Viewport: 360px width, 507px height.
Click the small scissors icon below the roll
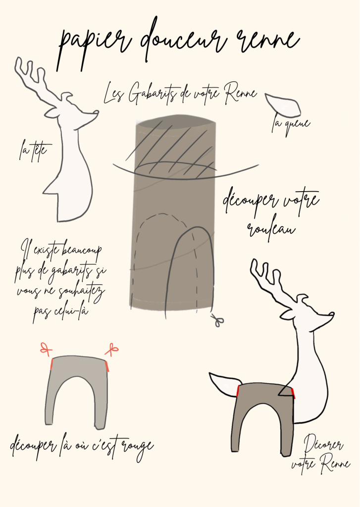(218, 320)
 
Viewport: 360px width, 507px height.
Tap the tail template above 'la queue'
(283, 105)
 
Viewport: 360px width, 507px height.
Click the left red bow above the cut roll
(46, 349)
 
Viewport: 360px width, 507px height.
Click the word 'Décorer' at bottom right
(323, 444)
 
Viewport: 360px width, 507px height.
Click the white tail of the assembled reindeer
(224, 384)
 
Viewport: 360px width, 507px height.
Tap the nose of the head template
(96, 112)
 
